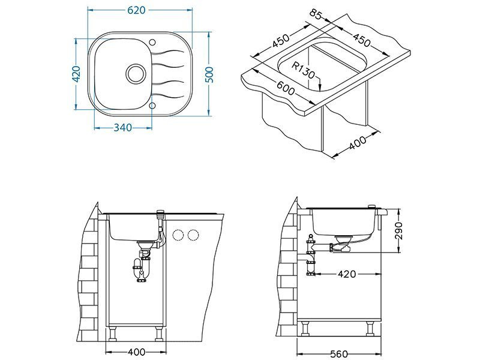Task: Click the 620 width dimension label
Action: (136, 10)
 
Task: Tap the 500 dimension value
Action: (209, 74)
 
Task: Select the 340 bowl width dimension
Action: (123, 128)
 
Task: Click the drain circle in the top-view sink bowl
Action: (135, 73)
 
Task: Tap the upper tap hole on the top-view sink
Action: (152, 42)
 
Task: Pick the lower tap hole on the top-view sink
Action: (152, 106)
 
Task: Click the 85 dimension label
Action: (316, 14)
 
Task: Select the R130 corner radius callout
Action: (302, 70)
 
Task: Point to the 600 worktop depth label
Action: (286, 88)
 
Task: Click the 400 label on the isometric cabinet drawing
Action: (357, 143)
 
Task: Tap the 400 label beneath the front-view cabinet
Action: (136, 352)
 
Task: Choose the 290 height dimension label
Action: (398, 231)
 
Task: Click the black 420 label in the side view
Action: (347, 274)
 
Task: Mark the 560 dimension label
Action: (339, 354)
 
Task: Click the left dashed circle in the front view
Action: (178, 235)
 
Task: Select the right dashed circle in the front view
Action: (193, 235)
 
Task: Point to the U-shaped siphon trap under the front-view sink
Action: (141, 269)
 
